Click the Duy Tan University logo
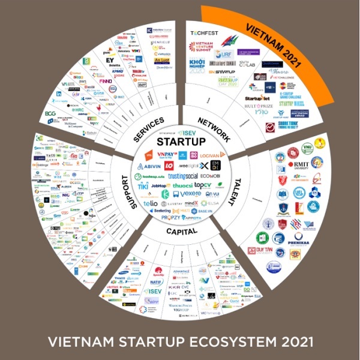point(277,253)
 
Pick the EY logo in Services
point(110,61)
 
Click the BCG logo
point(50,113)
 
